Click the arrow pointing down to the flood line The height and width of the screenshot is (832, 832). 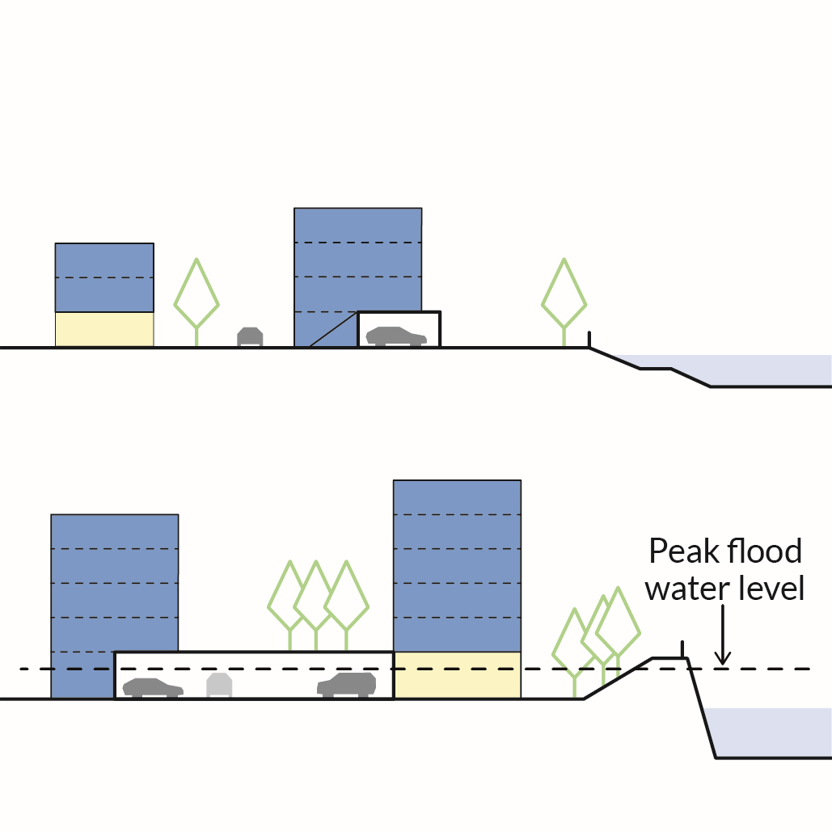(x=723, y=639)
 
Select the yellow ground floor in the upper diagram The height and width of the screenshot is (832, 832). (x=104, y=329)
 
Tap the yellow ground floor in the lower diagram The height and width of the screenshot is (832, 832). (x=457, y=675)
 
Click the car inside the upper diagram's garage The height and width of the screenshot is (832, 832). (x=396, y=336)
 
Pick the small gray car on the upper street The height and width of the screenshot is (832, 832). (x=250, y=336)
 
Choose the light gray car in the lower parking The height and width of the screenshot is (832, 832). (x=219, y=686)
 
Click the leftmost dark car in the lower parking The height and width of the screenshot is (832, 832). (x=153, y=688)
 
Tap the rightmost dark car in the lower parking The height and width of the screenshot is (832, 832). (x=347, y=685)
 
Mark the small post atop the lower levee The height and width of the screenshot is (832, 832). (x=683, y=648)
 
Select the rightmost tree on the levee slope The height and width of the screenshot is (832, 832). (x=619, y=623)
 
